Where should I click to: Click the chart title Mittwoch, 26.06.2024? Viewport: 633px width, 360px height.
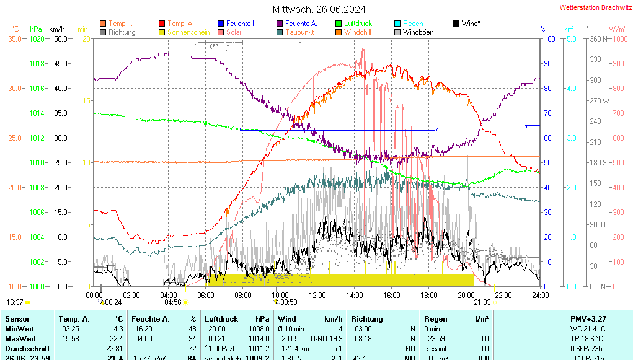(319, 9)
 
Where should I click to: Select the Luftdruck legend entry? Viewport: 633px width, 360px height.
(358, 24)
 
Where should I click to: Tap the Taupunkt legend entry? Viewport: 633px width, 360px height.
(299, 32)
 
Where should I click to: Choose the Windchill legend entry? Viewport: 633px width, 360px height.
(358, 32)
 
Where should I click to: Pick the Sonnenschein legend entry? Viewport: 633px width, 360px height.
(190, 32)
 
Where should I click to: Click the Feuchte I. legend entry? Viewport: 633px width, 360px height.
(241, 24)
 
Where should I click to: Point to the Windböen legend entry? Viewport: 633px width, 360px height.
(418, 32)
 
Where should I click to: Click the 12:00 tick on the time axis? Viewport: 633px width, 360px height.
(317, 296)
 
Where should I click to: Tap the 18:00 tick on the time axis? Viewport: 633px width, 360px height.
(429, 296)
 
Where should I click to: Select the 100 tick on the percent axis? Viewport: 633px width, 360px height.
(549, 38)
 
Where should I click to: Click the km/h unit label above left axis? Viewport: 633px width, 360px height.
(56, 29)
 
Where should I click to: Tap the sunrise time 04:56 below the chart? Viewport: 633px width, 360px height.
(172, 302)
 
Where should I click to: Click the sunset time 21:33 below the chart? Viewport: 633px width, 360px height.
(482, 302)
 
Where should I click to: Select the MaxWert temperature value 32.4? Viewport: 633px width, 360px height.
(114, 338)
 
